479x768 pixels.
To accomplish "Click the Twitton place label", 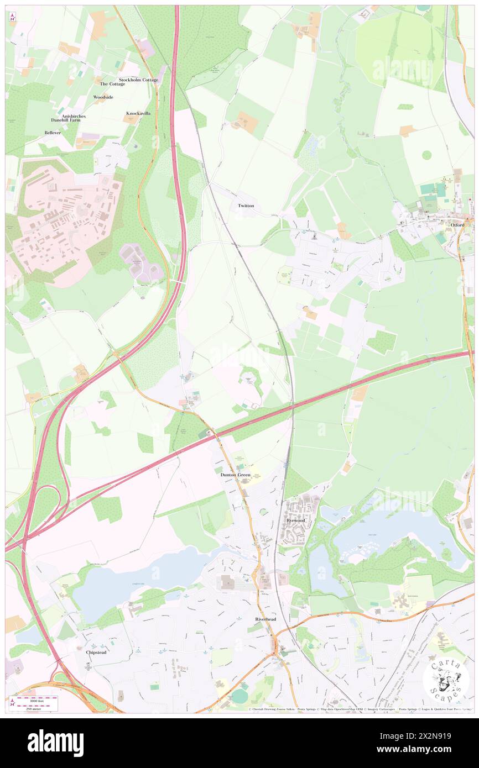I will coord(246,206).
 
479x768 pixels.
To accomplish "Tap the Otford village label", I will coord(457,225).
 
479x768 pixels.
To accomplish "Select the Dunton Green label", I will coord(236,475).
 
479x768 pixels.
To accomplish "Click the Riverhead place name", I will coord(265,619).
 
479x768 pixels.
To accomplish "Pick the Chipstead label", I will coord(96,652).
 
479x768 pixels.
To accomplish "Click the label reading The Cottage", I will coord(112,84).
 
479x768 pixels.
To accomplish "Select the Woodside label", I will coord(103,97).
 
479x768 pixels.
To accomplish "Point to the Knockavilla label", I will coord(138,113).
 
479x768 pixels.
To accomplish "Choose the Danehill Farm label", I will coord(66,120).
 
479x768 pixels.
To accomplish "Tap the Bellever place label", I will coord(53,133).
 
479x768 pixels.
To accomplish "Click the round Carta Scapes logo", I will coord(446,679).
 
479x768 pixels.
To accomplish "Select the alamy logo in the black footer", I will coord(55,743).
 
